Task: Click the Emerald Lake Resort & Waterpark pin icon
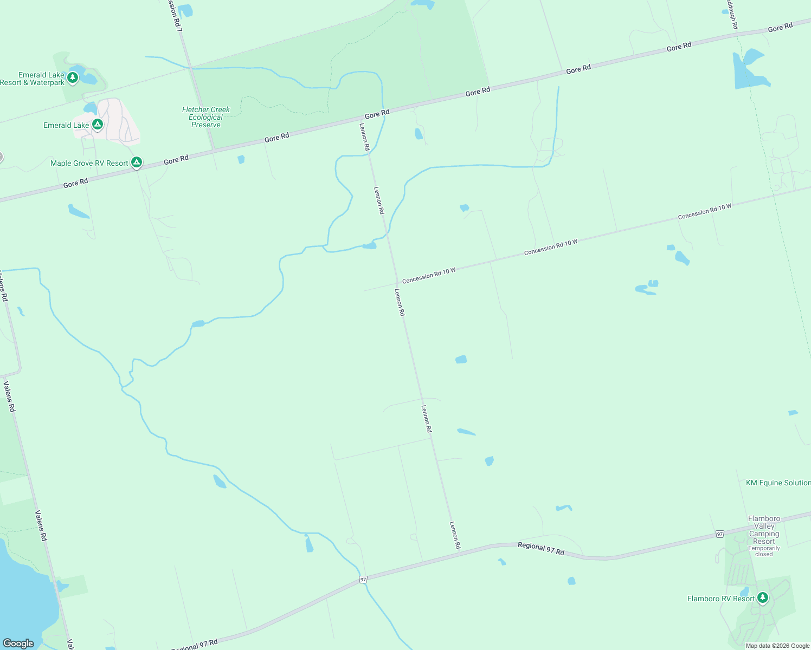click(x=73, y=78)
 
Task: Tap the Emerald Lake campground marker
click(x=98, y=125)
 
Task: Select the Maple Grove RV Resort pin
click(x=137, y=162)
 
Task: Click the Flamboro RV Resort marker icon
click(x=763, y=598)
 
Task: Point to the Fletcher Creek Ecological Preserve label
click(x=206, y=117)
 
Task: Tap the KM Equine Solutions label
click(x=778, y=483)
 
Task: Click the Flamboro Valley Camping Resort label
click(x=764, y=530)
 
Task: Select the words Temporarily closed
click(x=764, y=551)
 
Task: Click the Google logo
click(x=18, y=643)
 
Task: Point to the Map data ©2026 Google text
click(x=777, y=646)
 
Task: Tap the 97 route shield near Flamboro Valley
click(x=719, y=534)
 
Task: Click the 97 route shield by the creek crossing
click(x=363, y=580)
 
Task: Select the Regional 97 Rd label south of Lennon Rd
click(x=540, y=549)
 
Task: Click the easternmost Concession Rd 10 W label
click(x=704, y=211)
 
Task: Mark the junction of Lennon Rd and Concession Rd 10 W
click(x=397, y=282)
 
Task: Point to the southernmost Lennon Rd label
click(x=455, y=535)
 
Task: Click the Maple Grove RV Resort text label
click(x=89, y=163)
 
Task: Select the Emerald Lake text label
click(x=66, y=125)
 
